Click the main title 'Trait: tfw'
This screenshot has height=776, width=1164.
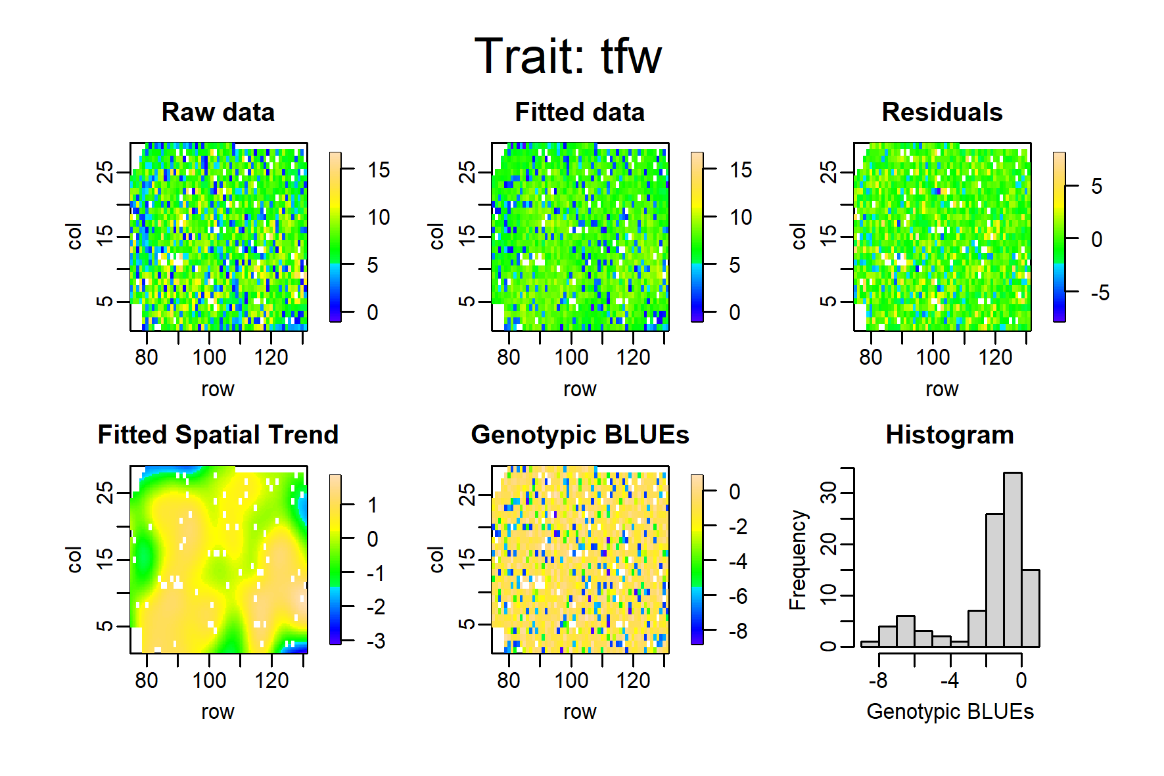pyautogui.click(x=568, y=56)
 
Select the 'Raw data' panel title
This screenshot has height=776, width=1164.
pyautogui.click(x=218, y=112)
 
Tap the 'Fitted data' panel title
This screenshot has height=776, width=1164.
pyautogui.click(x=580, y=112)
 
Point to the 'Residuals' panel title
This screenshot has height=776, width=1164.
pyautogui.click(x=943, y=112)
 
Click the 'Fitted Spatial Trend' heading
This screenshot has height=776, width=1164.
pyautogui.click(x=218, y=435)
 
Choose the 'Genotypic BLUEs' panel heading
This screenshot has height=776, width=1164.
pyautogui.click(x=580, y=435)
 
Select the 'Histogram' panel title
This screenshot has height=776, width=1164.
pyautogui.click(x=950, y=435)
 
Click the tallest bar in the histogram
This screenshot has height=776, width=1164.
pyautogui.click(x=1012, y=560)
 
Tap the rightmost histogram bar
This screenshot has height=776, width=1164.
pyautogui.click(x=1030, y=608)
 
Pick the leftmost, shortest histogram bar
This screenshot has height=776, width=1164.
pyautogui.click(x=870, y=644)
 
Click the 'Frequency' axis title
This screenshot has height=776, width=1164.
pyautogui.click(x=797, y=560)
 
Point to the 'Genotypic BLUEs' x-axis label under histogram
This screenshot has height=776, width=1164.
pyautogui.click(x=950, y=712)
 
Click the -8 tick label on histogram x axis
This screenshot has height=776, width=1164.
pyautogui.click(x=878, y=680)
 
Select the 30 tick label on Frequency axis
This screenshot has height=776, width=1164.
pyautogui.click(x=829, y=493)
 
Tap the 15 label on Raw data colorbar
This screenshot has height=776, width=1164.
pyautogui.click(x=379, y=170)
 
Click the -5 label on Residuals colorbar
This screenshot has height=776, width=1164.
pyautogui.click(x=1100, y=292)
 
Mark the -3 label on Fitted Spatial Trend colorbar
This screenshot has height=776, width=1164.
pyautogui.click(x=375, y=641)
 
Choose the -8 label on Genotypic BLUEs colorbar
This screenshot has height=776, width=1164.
pyautogui.click(x=737, y=631)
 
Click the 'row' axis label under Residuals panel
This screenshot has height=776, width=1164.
pyautogui.click(x=942, y=390)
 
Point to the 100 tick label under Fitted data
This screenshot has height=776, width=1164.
pyautogui.click(x=571, y=357)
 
